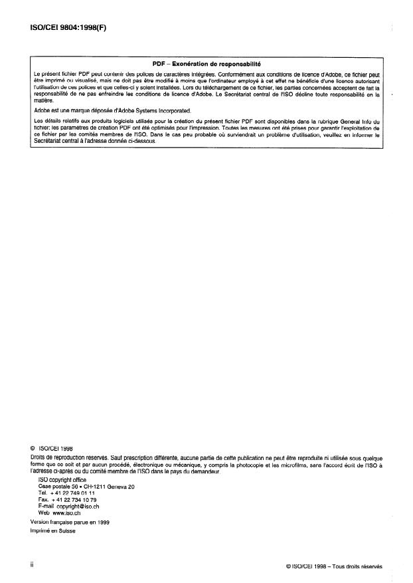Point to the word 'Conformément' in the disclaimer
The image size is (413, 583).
256,72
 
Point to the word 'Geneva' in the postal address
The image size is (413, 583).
118,487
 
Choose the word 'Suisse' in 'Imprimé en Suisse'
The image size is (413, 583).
66,531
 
